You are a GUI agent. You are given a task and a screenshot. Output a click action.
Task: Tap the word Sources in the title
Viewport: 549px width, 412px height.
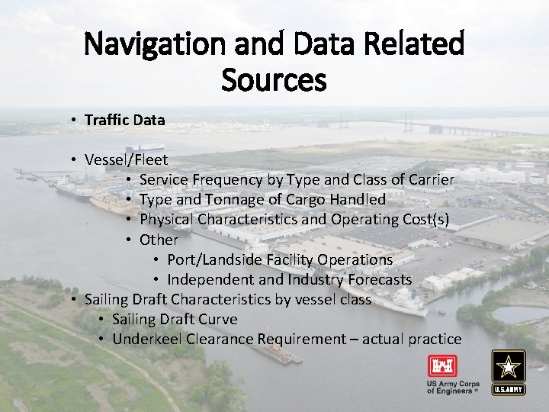pos(274,79)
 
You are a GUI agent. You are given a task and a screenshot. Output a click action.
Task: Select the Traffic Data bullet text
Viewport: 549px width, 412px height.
pos(124,120)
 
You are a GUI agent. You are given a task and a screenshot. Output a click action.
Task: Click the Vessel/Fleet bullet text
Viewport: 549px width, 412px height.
pos(127,159)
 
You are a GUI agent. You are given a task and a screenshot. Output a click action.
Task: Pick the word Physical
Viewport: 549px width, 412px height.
pos(167,220)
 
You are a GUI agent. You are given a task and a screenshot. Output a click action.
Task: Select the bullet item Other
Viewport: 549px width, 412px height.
pos(159,240)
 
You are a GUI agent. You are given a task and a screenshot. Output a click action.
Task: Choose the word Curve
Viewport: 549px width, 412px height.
pos(217,319)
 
